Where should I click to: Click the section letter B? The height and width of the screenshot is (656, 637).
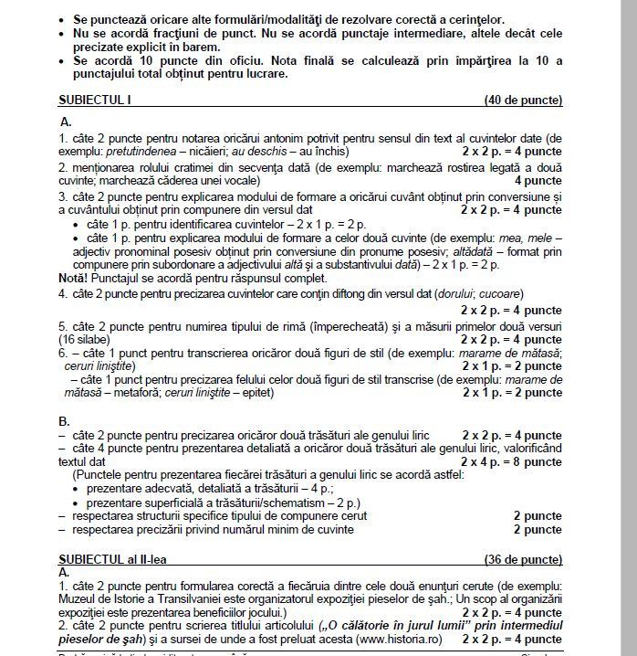pyautogui.click(x=64, y=421)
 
